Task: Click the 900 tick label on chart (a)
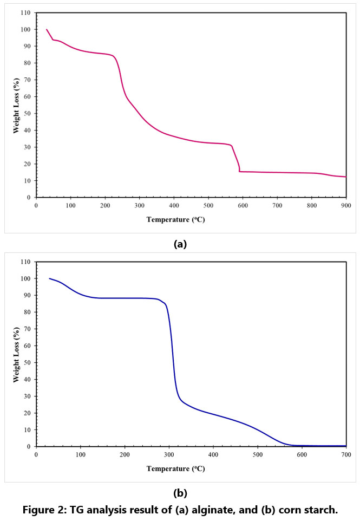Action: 346,206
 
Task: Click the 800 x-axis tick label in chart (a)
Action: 311,206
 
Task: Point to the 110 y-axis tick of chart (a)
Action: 25,13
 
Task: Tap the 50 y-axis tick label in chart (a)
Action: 27,113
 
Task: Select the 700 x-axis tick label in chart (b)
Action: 346,455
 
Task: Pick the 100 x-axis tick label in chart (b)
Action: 81,455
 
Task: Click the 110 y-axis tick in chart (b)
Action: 25,262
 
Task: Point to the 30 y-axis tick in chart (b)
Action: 27,396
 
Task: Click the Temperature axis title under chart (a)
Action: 176,220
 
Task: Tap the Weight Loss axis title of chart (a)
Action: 17,106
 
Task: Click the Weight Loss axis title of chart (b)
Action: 17,355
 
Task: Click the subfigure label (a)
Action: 180,244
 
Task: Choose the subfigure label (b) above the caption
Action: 180,493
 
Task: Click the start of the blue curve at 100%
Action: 49,278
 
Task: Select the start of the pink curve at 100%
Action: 47,29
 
